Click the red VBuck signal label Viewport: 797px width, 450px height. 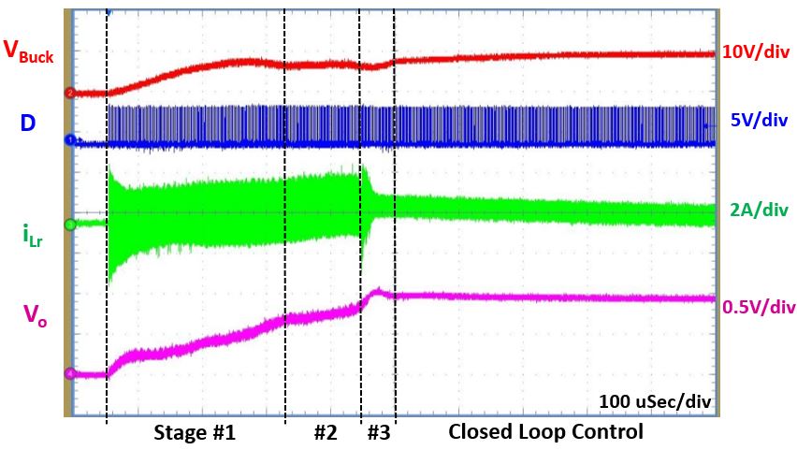tap(28, 52)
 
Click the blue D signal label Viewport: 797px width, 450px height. tap(27, 122)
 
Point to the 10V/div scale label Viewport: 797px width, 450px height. tap(756, 52)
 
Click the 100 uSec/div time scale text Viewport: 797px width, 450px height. tap(655, 401)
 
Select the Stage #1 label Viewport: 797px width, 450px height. tap(195, 433)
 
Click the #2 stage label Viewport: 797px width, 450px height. tap(325, 433)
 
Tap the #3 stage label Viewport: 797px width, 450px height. tap(378, 433)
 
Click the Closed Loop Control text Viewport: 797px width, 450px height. tap(545, 432)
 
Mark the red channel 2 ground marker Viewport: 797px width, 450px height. tap(68, 93)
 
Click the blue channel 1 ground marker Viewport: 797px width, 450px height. tap(68, 139)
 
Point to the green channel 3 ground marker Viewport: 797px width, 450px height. tap(68, 225)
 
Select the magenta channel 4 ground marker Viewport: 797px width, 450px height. tap(68, 373)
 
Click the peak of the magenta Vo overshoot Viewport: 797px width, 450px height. tap(377, 290)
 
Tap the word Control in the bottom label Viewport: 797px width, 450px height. tap(609, 432)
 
